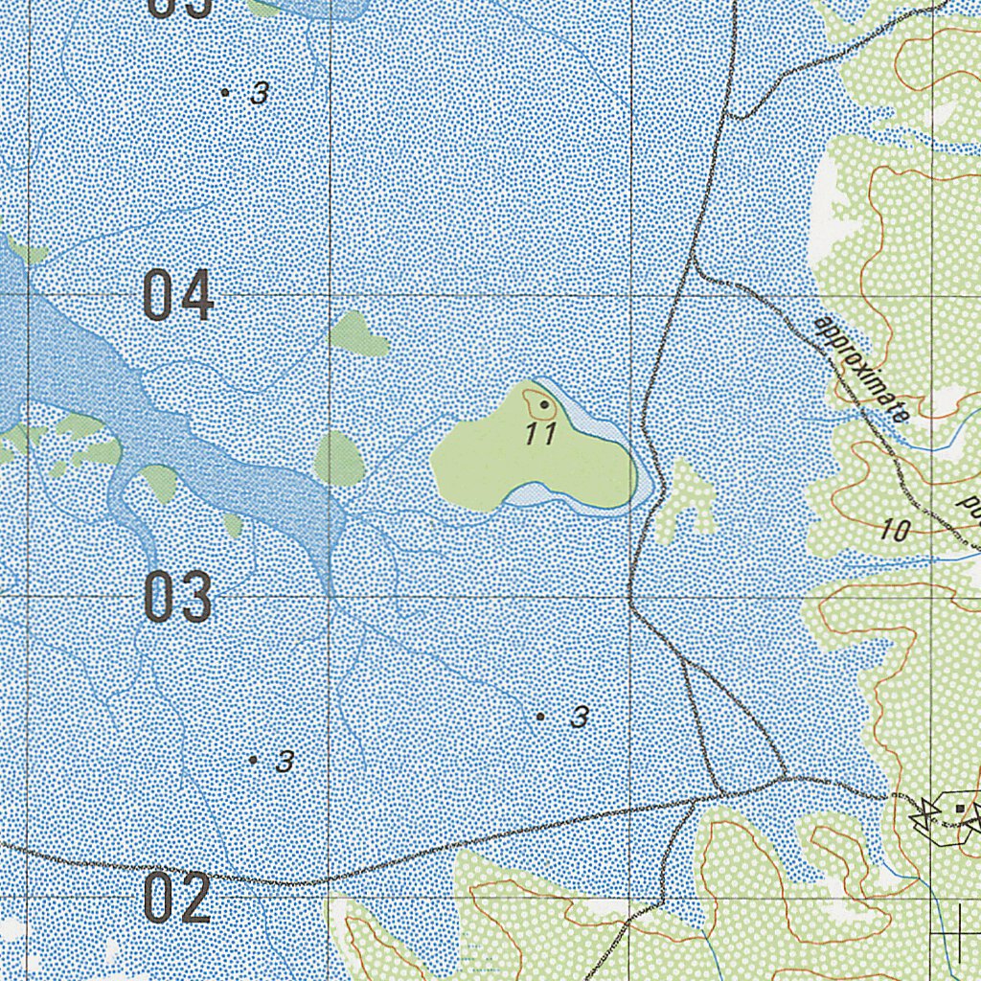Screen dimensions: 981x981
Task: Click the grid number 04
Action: tap(177, 296)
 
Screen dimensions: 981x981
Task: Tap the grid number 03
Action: tap(177, 597)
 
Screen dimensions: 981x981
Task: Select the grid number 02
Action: tap(177, 898)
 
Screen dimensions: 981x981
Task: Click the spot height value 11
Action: tap(541, 434)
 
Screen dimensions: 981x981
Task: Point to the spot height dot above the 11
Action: tap(544, 405)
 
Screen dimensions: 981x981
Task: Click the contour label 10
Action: tap(894, 531)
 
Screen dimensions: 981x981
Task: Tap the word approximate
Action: tap(860, 370)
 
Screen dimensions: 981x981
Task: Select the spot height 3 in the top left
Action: tap(260, 94)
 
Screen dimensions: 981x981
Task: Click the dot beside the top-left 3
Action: tap(225, 92)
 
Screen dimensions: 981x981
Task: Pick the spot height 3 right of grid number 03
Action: tap(285, 762)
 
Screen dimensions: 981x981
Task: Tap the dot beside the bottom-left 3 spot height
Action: tap(253, 760)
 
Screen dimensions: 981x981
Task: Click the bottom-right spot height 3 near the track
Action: tap(579, 717)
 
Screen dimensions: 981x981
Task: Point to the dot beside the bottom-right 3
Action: tap(540, 716)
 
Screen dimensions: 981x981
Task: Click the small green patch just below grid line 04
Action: tap(356, 334)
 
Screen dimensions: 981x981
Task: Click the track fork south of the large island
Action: tap(684, 660)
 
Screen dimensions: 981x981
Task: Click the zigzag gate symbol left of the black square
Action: tap(924, 813)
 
